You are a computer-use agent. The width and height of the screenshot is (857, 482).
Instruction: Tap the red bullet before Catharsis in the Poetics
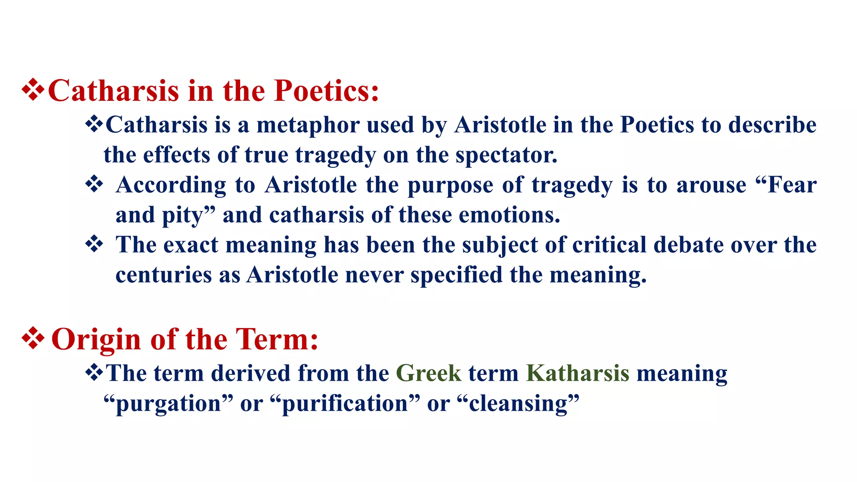click(x=33, y=90)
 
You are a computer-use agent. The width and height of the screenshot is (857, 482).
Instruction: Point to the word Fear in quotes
click(x=792, y=185)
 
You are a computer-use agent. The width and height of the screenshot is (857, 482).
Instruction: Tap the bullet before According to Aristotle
click(x=94, y=184)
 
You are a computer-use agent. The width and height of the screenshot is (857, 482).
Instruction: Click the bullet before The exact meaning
click(x=94, y=244)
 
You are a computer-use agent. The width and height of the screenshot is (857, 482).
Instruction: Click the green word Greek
click(x=428, y=373)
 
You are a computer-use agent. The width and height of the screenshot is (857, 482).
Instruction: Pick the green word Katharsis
click(x=577, y=373)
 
